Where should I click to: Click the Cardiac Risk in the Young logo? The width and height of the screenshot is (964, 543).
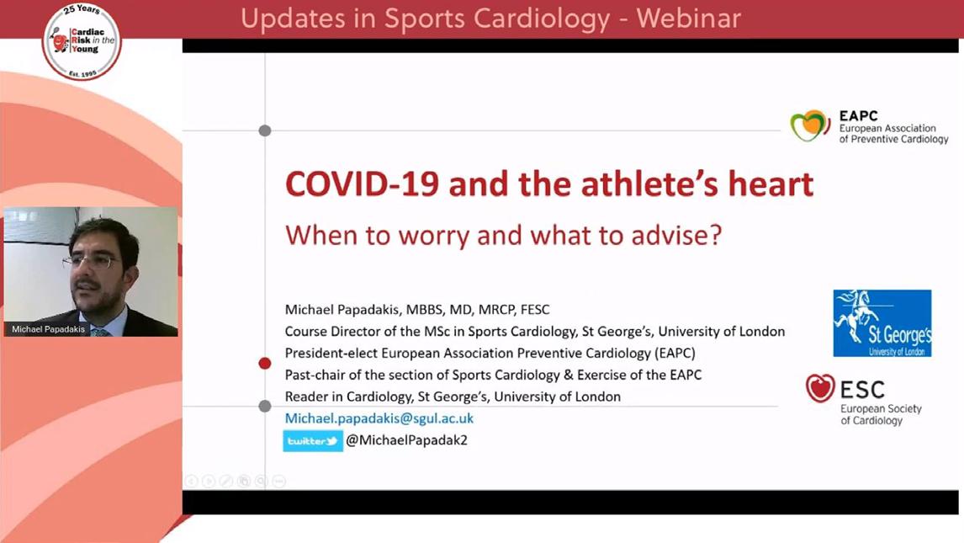pyautogui.click(x=82, y=41)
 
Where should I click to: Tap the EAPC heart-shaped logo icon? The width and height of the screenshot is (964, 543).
pyautogui.click(x=810, y=125)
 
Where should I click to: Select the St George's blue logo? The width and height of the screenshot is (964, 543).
pyautogui.click(x=882, y=322)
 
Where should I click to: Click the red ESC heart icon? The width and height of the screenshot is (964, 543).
pyautogui.click(x=820, y=388)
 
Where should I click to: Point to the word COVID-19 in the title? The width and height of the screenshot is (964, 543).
pyautogui.click(x=362, y=184)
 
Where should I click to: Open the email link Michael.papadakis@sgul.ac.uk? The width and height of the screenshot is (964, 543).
pyautogui.click(x=379, y=418)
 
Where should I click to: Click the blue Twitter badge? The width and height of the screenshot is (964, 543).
pyautogui.click(x=313, y=441)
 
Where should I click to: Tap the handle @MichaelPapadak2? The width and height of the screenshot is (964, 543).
pyautogui.click(x=406, y=440)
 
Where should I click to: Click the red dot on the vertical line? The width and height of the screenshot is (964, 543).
pyautogui.click(x=265, y=364)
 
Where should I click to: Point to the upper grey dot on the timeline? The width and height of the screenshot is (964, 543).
pyautogui.click(x=265, y=130)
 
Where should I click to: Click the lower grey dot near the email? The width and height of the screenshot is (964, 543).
pyautogui.click(x=265, y=406)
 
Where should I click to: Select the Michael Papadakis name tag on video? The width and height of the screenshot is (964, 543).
pyautogui.click(x=48, y=329)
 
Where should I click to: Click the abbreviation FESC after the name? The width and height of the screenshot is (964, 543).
pyautogui.click(x=535, y=309)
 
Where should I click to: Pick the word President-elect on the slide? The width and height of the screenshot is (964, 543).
pyautogui.click(x=331, y=353)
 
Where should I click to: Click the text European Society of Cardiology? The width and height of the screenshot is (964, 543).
pyautogui.click(x=881, y=414)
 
